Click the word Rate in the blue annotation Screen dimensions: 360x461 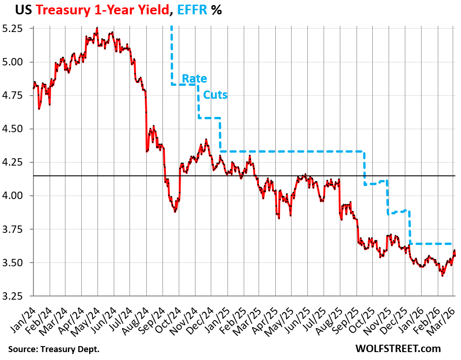(194, 78)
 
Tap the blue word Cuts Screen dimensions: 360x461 (215, 95)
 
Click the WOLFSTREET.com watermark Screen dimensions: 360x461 (398, 348)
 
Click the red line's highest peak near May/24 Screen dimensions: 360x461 (97, 28)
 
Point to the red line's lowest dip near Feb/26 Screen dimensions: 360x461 (442, 276)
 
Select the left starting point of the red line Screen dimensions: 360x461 (33, 88)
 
